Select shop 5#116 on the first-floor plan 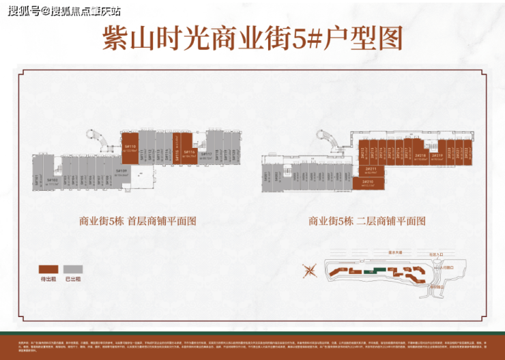click(x=189, y=155)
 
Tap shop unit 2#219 click(x=437, y=156)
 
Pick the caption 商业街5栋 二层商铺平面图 click(x=367, y=221)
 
